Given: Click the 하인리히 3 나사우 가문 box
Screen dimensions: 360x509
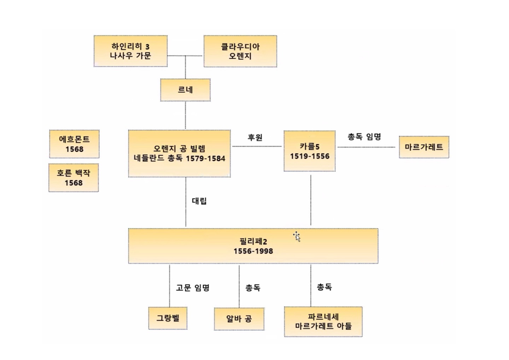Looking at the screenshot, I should pos(130,51).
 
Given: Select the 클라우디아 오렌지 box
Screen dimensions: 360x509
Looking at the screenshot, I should pos(240,51).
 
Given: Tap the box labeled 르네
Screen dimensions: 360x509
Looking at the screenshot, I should pos(185,90).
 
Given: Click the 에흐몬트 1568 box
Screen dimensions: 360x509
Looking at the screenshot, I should pos(74,144).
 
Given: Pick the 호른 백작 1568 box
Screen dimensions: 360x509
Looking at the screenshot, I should pos(74,178).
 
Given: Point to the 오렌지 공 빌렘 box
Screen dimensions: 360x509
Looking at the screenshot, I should pos(179,153).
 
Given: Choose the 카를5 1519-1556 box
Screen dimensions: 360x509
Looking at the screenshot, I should pos(309,151).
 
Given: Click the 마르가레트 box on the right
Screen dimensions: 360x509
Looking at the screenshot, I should pos(424,147).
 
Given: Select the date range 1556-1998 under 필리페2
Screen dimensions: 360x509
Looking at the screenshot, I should pos(253,251).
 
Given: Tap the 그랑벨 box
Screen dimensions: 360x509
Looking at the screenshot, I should pos(168,318).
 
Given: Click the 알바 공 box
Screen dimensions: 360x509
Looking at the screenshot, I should pos(239,319).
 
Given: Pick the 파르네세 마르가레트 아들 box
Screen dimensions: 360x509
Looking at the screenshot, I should pos(323,321).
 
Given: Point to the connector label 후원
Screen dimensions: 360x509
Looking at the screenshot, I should pos(255,137).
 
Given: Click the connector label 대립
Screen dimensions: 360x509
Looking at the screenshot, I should pos(199,201).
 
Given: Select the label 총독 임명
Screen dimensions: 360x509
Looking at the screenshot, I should pos(364,137).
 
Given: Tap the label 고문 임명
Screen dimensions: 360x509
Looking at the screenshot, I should pos(193,288).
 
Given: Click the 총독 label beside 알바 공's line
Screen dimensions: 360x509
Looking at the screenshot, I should pos(253,288).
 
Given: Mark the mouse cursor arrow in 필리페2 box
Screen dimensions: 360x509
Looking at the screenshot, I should pos(297,237).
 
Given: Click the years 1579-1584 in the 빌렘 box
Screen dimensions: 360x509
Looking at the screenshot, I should pos(205,158).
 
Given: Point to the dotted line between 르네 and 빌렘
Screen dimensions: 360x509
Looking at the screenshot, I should pos(186,115).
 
